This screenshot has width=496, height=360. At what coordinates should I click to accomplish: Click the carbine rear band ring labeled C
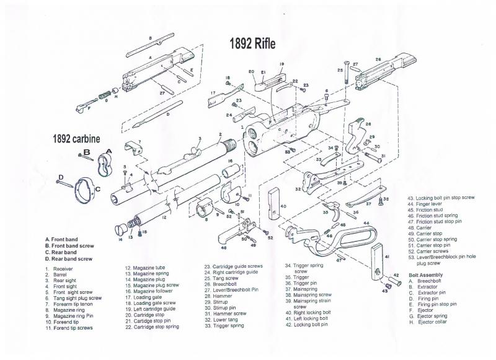click(86, 186)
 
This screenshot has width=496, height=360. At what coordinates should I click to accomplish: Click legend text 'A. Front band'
click(65, 239)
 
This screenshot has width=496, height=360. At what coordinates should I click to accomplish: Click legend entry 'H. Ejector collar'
click(433, 322)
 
